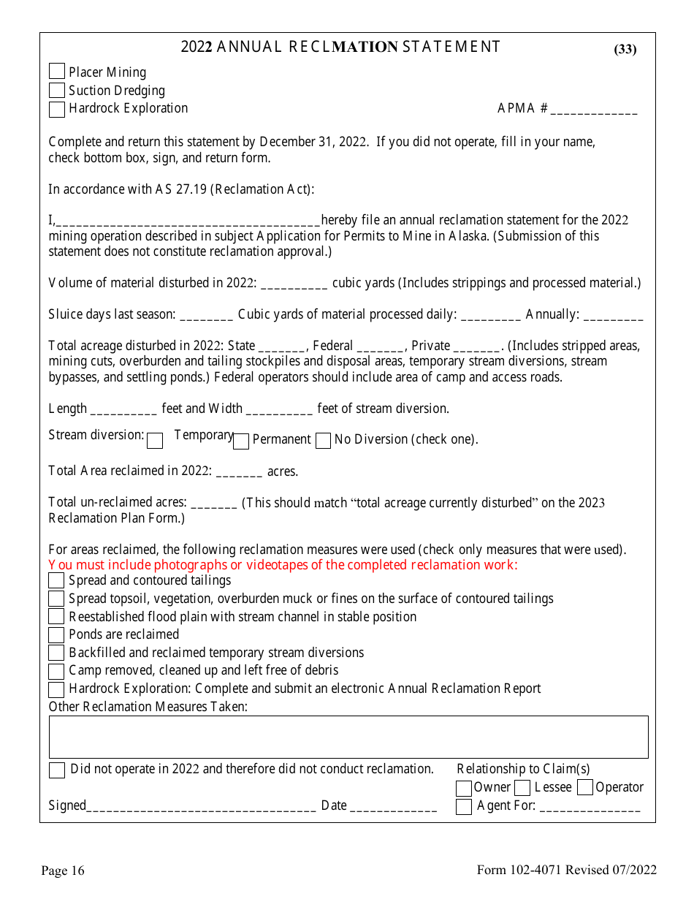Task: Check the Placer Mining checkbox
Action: (x=56, y=72)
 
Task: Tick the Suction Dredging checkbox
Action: (x=56, y=91)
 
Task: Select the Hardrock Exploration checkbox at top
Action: (x=56, y=109)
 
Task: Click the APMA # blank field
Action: (x=594, y=110)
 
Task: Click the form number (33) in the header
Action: (x=625, y=50)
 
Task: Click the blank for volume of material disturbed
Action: (x=294, y=284)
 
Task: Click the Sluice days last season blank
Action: (x=206, y=316)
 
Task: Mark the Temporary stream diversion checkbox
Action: (x=155, y=441)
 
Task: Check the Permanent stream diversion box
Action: (x=241, y=441)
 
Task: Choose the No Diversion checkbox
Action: (x=323, y=441)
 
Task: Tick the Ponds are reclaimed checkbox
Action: (x=56, y=635)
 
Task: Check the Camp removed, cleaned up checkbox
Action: (x=56, y=671)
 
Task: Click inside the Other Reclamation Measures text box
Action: (x=348, y=737)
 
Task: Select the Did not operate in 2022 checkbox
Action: (x=56, y=770)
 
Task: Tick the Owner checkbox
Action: (x=463, y=789)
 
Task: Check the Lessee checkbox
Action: (x=522, y=788)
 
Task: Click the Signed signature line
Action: (x=201, y=807)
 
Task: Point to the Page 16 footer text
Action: (x=63, y=870)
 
